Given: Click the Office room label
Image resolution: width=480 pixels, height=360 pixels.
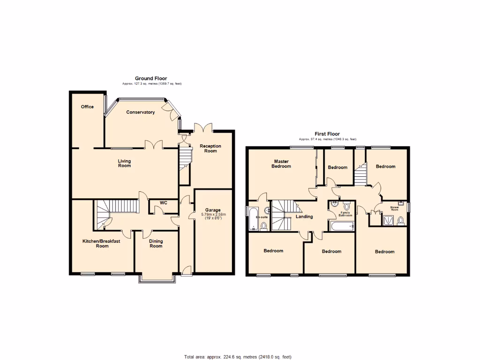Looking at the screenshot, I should point(87,107).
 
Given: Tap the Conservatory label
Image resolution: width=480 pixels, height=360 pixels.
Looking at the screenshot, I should point(140,112).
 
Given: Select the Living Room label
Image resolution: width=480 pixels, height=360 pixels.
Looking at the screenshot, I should point(124,163).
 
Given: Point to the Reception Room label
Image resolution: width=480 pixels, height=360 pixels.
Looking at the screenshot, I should point(210,149).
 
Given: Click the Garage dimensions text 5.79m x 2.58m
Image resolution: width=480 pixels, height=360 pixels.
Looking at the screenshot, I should point(213,215).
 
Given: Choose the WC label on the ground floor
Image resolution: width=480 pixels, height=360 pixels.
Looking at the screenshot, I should point(164,203).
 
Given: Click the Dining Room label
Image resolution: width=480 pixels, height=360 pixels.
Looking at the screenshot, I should point(156,244).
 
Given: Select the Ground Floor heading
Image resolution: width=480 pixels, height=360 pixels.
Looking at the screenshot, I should point(151,78).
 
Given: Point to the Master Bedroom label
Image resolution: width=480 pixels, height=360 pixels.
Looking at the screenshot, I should point(282,164).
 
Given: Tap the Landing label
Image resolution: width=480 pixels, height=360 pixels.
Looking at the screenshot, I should point(304,217).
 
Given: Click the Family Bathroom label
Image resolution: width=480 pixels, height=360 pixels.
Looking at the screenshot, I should point(345,214).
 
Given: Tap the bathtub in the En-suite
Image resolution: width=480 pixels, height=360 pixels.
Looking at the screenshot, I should point(253,219).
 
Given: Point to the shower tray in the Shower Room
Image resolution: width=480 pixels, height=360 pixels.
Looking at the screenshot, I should point(389,220).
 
